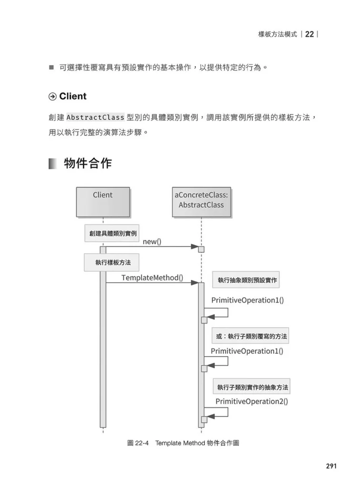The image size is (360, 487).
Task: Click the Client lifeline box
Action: click(103, 202)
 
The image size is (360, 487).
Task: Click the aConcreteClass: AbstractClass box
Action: click(201, 202)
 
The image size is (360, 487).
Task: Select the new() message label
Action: click(152, 242)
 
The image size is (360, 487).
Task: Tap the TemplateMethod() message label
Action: click(152, 277)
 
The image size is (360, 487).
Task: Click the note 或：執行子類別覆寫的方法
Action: click(252, 336)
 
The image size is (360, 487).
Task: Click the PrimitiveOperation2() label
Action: click(252, 401)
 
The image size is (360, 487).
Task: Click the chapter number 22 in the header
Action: click(310, 34)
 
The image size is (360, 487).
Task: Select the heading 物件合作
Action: click(87, 164)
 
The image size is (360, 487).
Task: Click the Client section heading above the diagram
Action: click(73, 96)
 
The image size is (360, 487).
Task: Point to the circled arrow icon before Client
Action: click(53, 97)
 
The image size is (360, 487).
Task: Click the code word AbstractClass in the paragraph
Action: click(95, 117)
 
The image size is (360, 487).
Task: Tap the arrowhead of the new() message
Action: click(195, 247)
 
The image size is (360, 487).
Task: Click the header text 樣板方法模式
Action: click(277, 34)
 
